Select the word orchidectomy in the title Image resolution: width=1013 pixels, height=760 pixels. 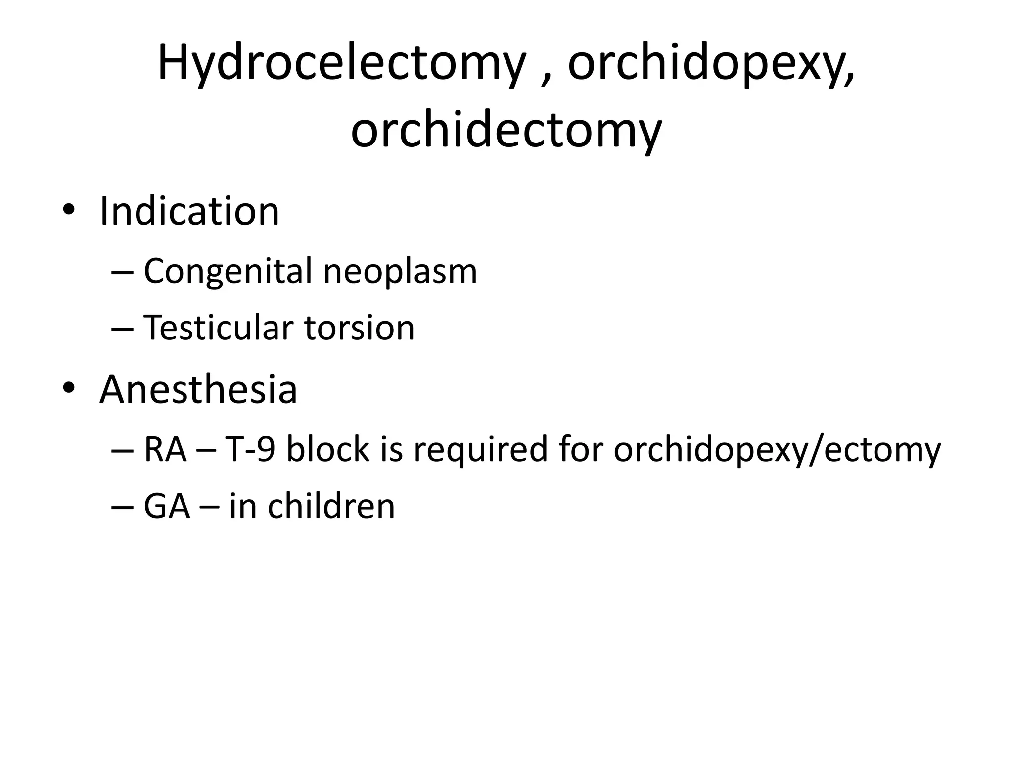click(x=506, y=130)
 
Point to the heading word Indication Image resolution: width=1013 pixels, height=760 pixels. click(x=189, y=211)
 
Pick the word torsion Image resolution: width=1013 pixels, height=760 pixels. click(x=359, y=328)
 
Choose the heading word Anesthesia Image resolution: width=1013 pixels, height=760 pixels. click(x=198, y=389)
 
